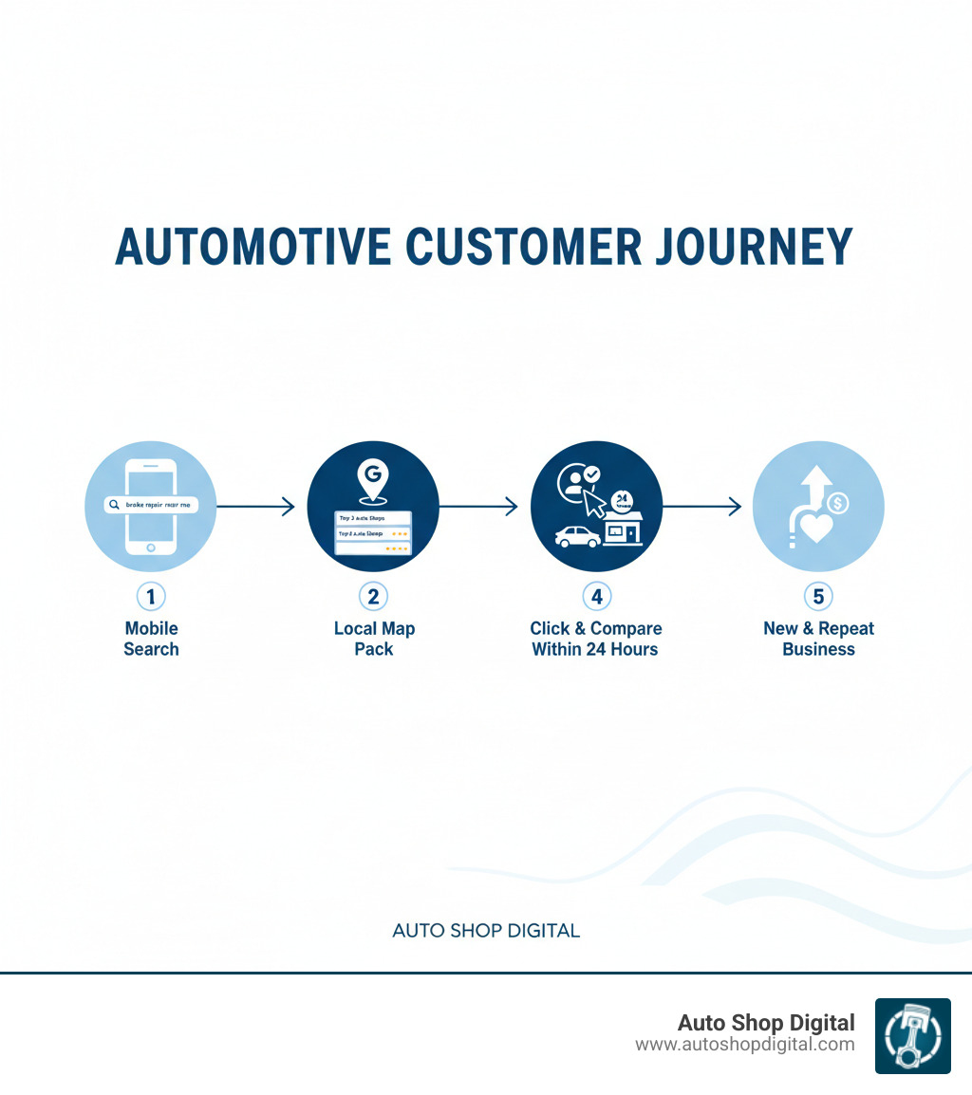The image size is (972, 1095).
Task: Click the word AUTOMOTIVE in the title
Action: coord(252,247)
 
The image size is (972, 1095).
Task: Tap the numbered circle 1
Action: coord(151,597)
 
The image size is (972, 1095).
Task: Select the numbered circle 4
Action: coord(596,597)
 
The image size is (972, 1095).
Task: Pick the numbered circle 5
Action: coord(818,597)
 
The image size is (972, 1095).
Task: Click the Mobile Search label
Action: coord(151,639)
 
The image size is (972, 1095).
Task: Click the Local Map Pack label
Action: coord(374,639)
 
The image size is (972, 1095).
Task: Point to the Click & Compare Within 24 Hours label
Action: coord(596,639)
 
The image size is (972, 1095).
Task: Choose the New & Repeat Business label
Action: coord(818,639)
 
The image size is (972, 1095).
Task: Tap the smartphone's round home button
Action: coord(151,547)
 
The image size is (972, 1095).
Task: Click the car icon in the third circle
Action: coord(577,537)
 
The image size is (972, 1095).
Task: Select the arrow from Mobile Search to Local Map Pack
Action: coord(256,507)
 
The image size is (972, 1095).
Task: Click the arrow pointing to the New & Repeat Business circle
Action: coord(701,507)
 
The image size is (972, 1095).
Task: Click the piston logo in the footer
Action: coord(912,1036)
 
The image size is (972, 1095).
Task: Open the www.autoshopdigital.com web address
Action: coord(744,1045)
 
